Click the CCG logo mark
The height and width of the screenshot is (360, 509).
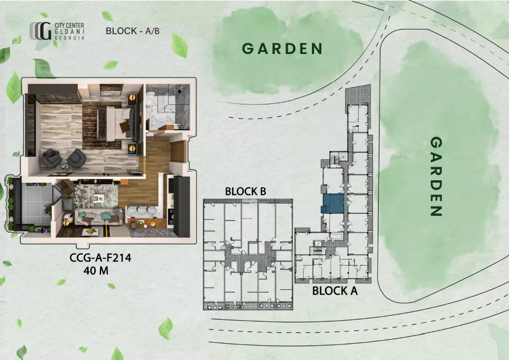(x=41, y=31)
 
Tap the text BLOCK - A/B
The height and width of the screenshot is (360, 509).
(x=132, y=31)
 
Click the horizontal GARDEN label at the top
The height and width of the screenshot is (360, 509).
(x=282, y=49)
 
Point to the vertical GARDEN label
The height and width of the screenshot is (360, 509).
(x=436, y=176)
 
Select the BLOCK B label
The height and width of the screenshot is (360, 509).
(x=245, y=191)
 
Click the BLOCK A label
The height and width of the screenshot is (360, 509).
(x=335, y=291)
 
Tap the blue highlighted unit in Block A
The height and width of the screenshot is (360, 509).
(x=333, y=204)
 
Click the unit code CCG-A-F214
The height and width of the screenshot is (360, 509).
(x=100, y=258)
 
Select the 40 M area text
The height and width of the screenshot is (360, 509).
(x=96, y=270)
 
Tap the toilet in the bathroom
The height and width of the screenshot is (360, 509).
(x=151, y=99)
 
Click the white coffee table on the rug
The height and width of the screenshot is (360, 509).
(x=99, y=198)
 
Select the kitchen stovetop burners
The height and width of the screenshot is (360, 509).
(x=171, y=217)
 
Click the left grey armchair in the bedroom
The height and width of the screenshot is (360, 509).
(x=51, y=158)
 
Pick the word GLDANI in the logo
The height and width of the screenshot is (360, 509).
(x=69, y=32)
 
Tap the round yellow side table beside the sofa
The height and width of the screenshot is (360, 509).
(x=66, y=223)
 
